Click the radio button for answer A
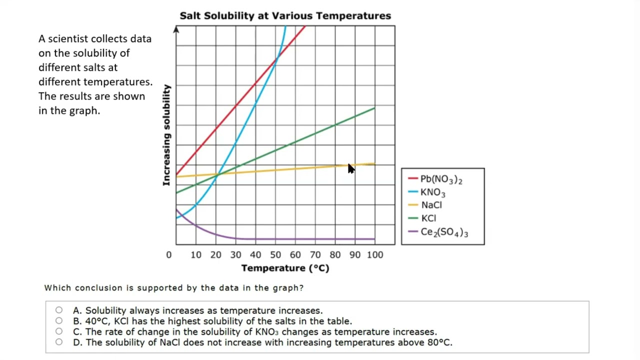59,310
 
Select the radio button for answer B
59,320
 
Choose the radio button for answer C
59,331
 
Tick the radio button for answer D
59,342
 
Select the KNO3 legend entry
432,192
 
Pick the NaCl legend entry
431,205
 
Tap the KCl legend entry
428,218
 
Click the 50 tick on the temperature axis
275,254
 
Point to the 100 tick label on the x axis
375,254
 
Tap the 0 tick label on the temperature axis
169,254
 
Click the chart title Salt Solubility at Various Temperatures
285,15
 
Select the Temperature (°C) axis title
285,268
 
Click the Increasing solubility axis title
166,135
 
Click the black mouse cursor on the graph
350,168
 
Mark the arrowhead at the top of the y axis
176,30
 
